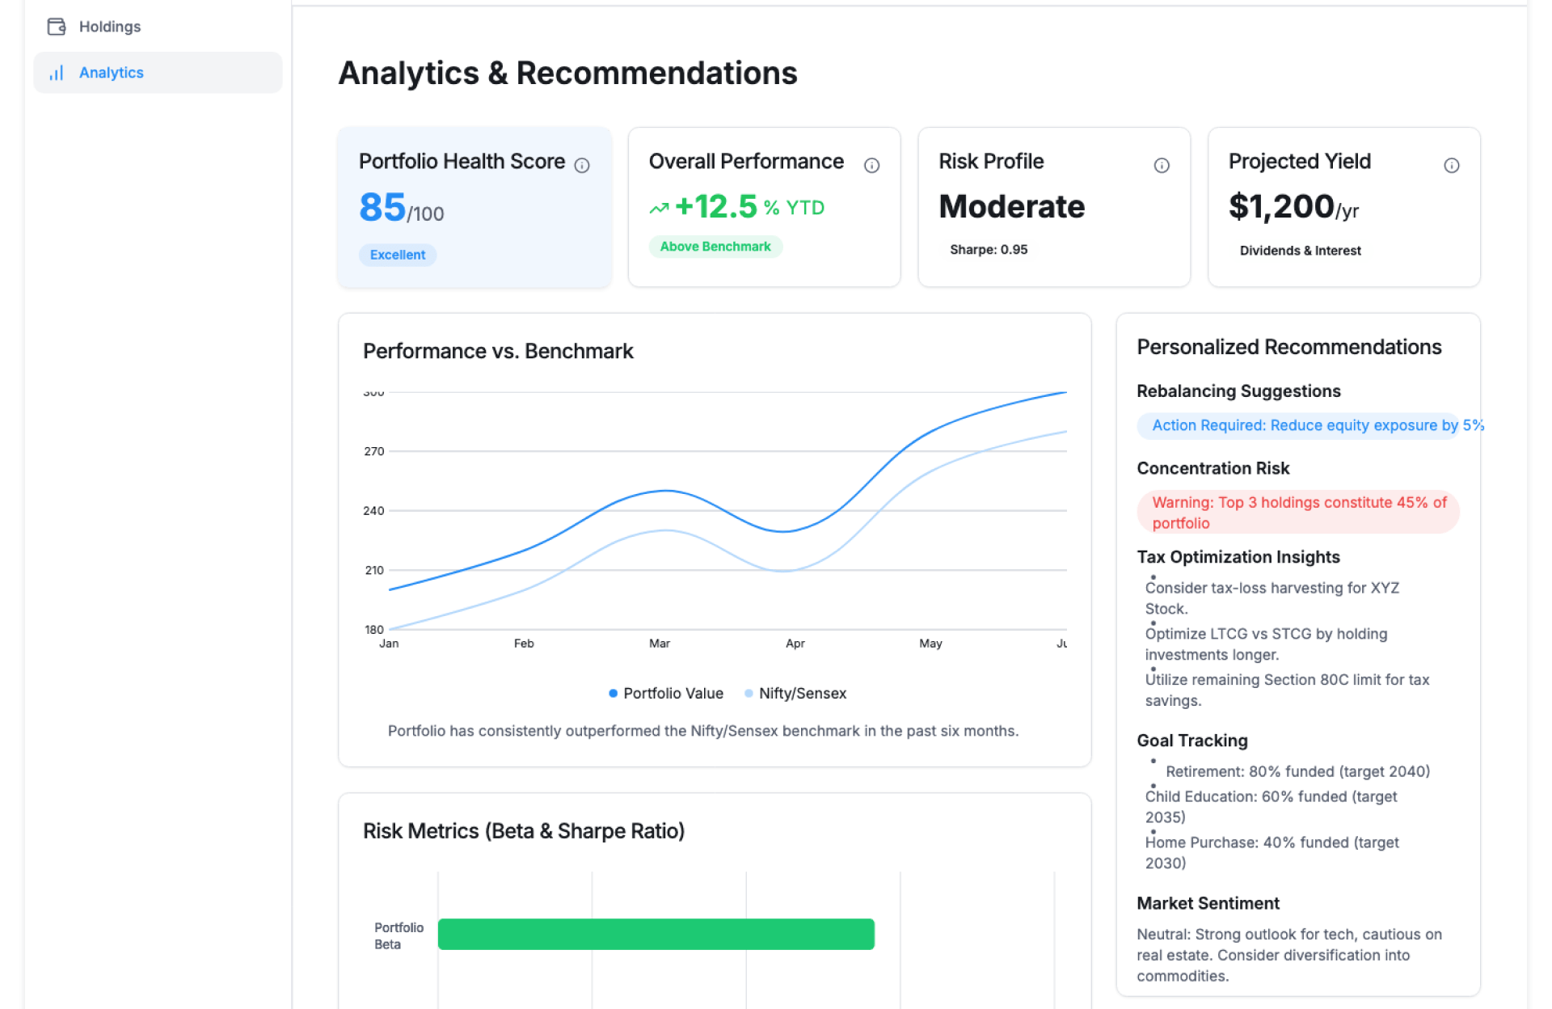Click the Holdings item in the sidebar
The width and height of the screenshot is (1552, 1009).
point(109,27)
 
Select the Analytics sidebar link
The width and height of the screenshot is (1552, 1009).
point(111,73)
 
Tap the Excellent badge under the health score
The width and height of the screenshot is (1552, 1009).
point(397,255)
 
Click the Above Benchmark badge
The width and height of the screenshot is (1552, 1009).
point(715,247)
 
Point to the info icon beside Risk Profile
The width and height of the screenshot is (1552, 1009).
point(1161,166)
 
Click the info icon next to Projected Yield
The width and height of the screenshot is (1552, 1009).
point(1451,166)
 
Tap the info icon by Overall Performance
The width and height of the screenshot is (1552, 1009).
point(871,166)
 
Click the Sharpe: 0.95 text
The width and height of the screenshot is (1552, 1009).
point(988,250)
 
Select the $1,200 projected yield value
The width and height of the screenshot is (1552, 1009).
point(1281,207)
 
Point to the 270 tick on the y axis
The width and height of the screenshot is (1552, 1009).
point(373,451)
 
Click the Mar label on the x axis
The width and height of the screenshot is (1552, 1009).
point(659,644)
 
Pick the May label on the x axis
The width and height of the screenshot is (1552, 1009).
point(930,644)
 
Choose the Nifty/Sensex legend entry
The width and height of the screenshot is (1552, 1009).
point(795,694)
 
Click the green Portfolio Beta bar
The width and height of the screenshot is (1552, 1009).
point(656,934)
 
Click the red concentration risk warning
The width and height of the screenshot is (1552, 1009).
point(1297,513)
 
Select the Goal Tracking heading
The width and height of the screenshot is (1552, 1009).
point(1191,741)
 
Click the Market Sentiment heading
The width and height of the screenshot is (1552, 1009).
point(1208,903)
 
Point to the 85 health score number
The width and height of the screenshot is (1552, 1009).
point(382,207)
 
